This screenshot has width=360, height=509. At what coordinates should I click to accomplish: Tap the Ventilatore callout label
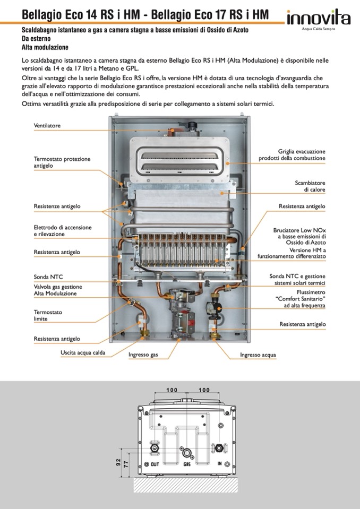[47, 126]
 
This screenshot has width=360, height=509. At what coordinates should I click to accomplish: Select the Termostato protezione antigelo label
[62, 162]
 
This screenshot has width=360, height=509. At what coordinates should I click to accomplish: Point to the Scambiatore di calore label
[310, 186]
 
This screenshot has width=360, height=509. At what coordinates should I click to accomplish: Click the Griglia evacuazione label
[292, 154]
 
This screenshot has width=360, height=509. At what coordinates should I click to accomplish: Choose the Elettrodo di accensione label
[63, 230]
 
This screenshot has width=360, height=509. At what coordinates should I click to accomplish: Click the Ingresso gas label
[143, 355]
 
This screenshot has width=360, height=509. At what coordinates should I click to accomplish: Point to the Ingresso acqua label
[258, 355]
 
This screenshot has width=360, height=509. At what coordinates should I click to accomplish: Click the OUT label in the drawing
[155, 464]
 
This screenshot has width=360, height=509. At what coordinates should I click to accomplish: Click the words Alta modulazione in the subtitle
[45, 47]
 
